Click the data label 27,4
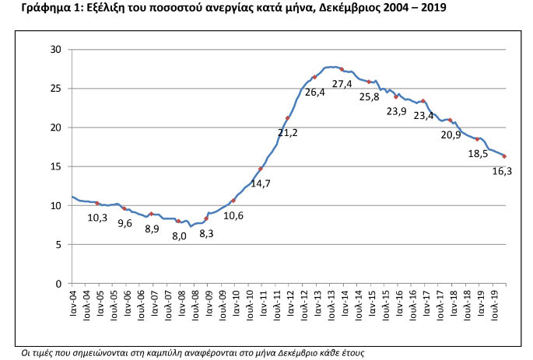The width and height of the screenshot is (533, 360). coord(342,83)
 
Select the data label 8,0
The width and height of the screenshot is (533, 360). coord(179,236)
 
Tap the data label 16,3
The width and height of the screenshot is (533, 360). coord(502,171)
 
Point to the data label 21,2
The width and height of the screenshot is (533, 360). coord(288,132)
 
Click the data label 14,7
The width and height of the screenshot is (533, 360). coord(261,183)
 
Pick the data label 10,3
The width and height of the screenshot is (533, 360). coord(97,218)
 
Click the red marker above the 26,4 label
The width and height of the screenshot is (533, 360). coord(315,78)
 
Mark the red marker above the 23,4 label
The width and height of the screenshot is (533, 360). coord(423,101)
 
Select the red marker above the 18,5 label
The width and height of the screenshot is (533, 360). coord(477,139)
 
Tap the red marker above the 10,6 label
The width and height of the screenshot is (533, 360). coord(233,201)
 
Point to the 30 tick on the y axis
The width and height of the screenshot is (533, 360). coord(56,50)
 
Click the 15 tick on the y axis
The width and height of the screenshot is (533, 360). coord(56,166)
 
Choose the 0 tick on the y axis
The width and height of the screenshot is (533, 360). coord(58,284)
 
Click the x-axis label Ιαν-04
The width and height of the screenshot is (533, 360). coord(72,303)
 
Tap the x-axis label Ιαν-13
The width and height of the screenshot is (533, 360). coord(317,303)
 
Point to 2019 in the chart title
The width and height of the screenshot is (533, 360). coord(433,7)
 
